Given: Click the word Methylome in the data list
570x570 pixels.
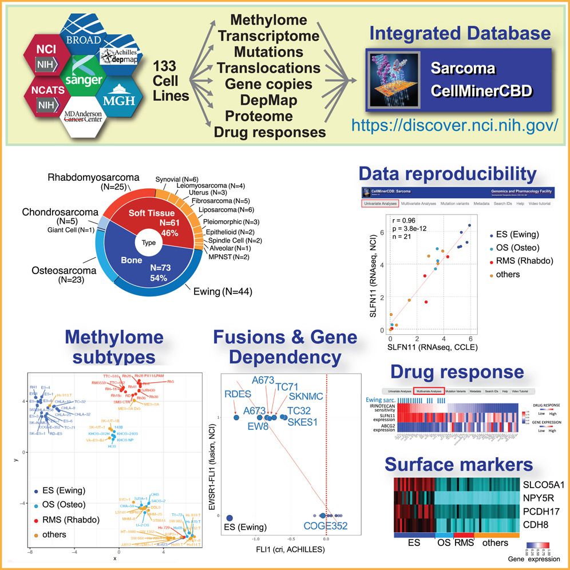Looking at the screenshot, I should point(270,20).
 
